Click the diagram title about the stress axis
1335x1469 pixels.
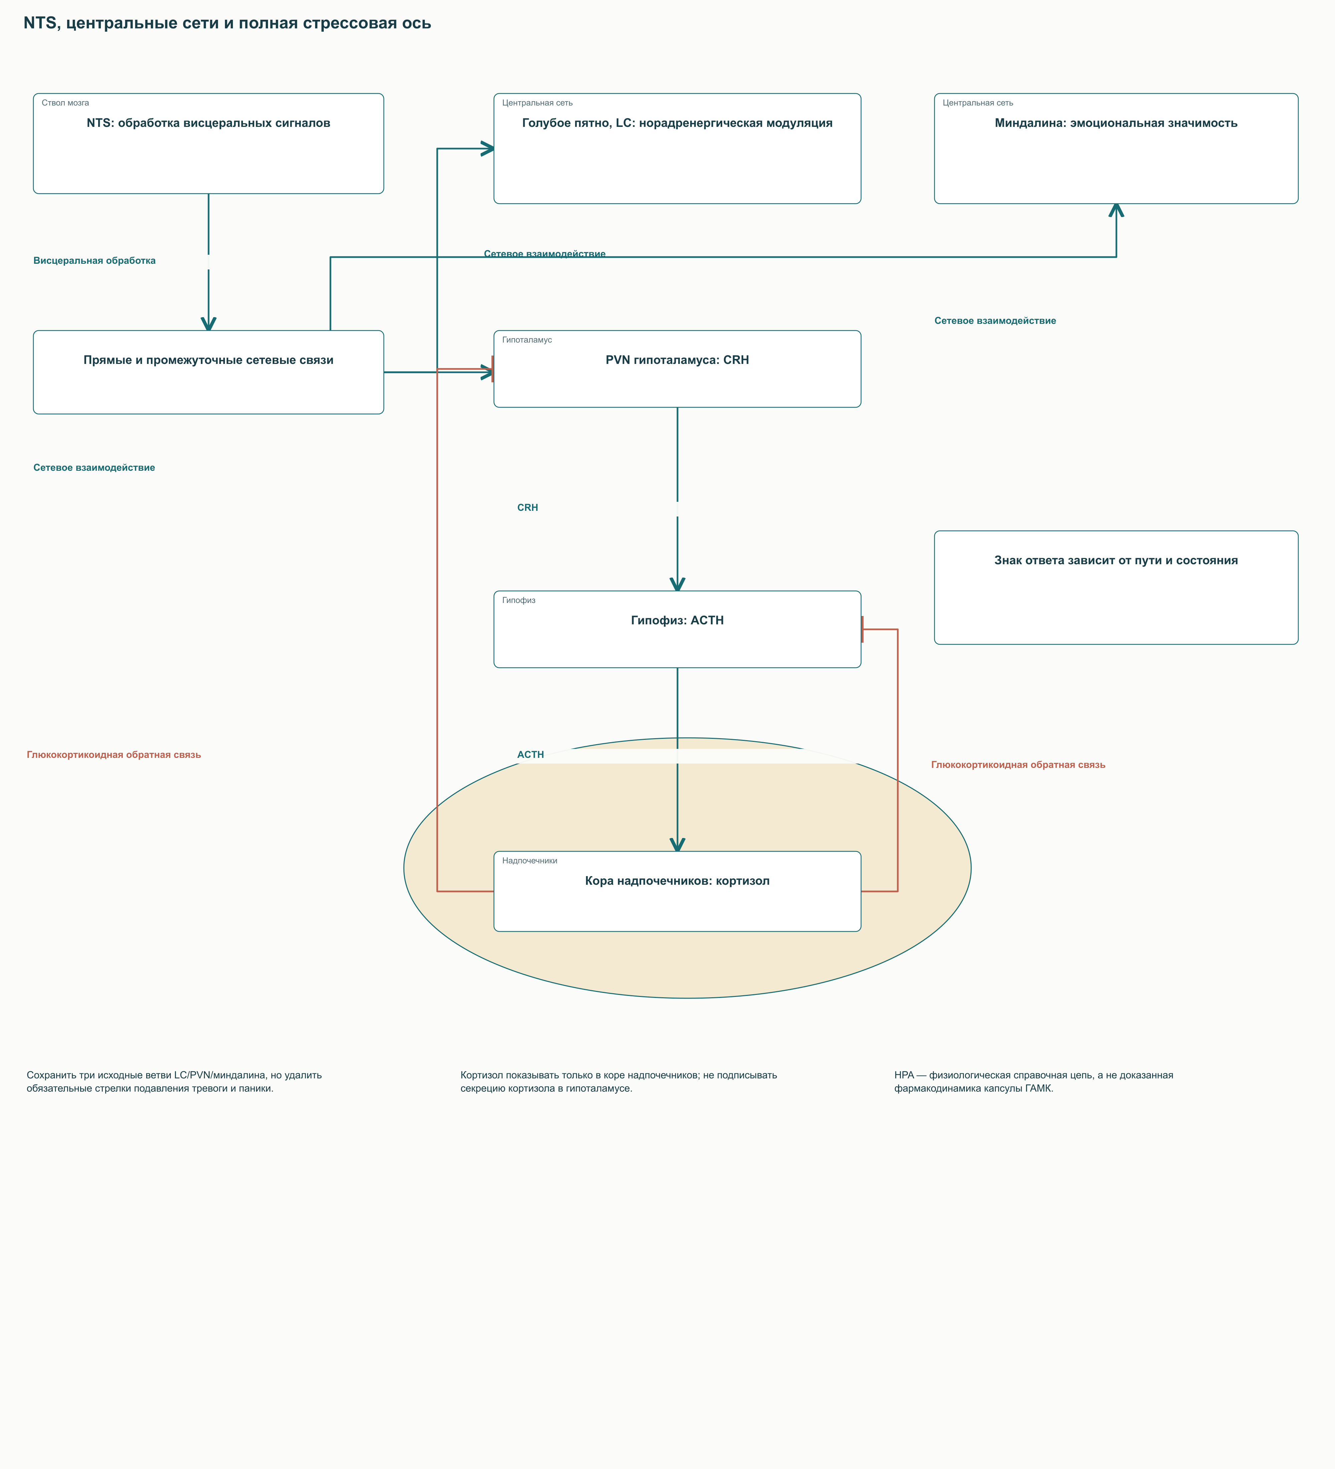227,23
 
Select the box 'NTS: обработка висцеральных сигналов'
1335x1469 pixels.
208,144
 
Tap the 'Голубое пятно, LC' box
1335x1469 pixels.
677,149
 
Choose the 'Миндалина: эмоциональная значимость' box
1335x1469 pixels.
1116,149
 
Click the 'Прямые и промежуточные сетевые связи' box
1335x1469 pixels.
208,372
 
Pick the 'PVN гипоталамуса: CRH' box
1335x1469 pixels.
677,369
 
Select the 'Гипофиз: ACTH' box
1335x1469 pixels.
677,629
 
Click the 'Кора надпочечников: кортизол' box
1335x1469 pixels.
677,891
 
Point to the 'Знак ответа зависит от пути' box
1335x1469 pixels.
1116,587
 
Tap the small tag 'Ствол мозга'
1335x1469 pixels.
65,103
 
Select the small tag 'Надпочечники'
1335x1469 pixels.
529,861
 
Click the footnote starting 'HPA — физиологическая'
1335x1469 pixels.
1034,1081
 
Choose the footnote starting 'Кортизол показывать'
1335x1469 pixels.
618,1081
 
